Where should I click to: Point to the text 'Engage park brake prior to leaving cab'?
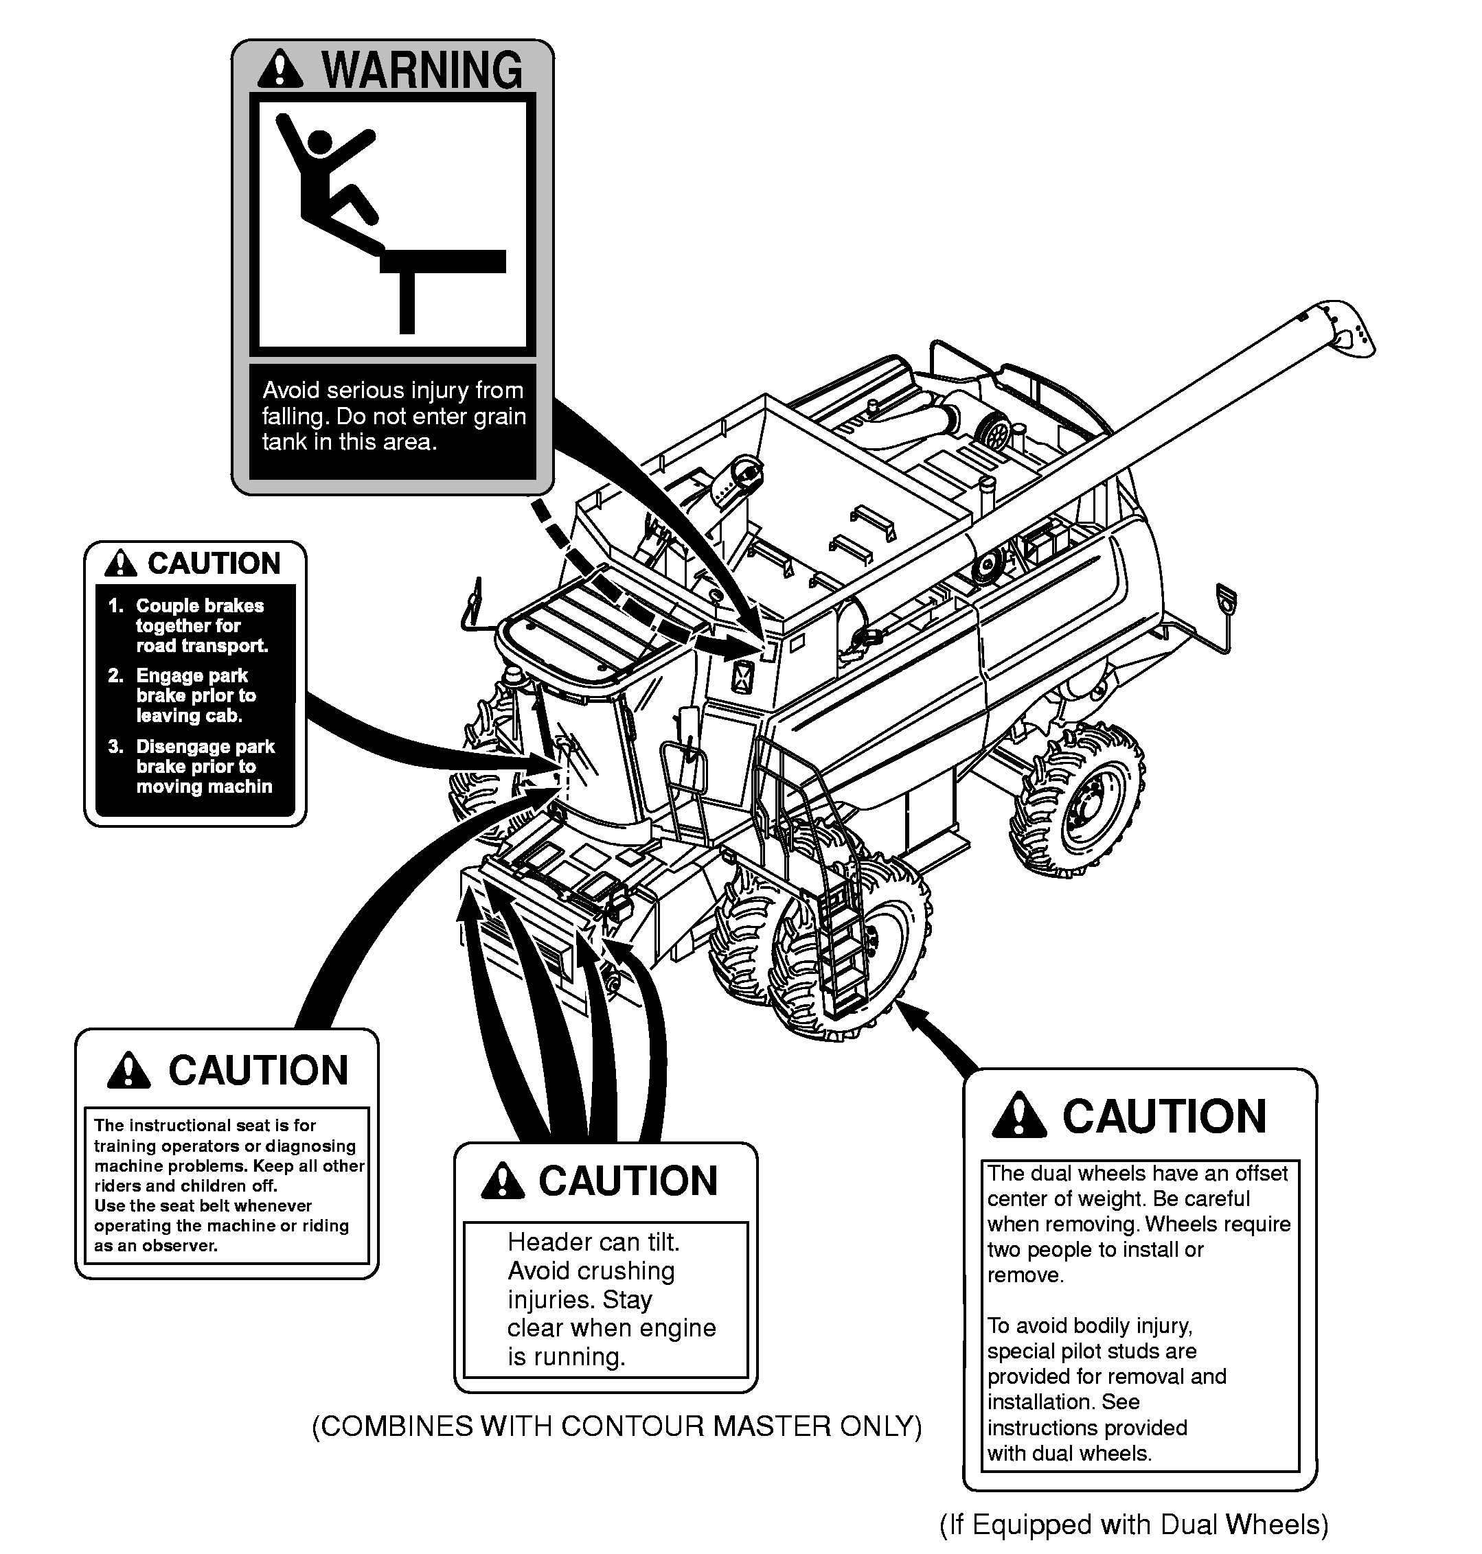point(190,696)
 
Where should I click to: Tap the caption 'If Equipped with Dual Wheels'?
point(1134,1524)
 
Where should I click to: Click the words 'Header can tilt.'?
point(593,1242)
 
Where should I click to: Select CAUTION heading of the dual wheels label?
point(1163,1117)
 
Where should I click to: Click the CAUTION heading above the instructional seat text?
point(258,1071)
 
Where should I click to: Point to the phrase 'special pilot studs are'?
point(1092,1351)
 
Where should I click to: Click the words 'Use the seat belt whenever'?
point(203,1206)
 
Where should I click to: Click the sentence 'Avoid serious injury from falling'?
point(393,403)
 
